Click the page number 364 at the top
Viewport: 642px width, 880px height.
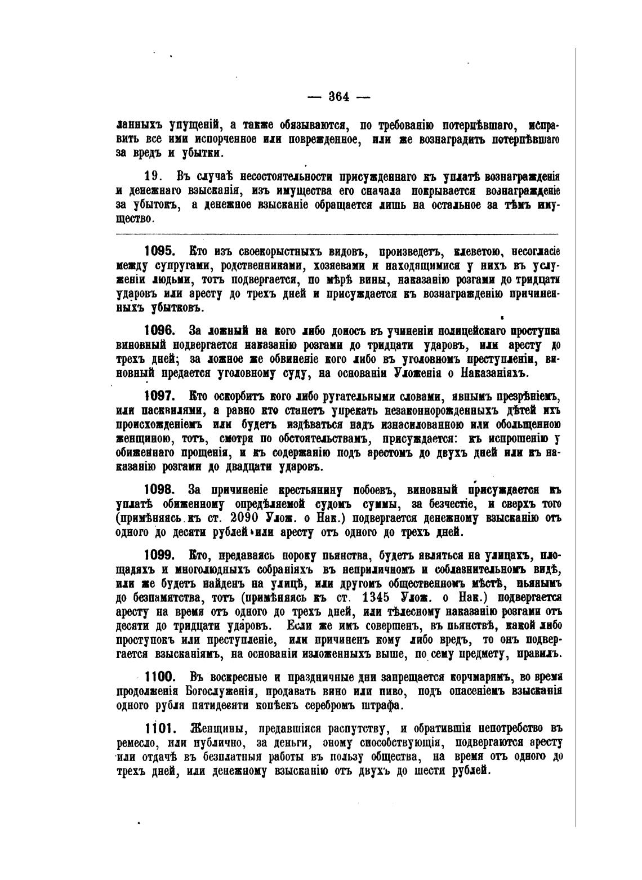point(339,96)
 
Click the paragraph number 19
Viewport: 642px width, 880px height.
point(154,176)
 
